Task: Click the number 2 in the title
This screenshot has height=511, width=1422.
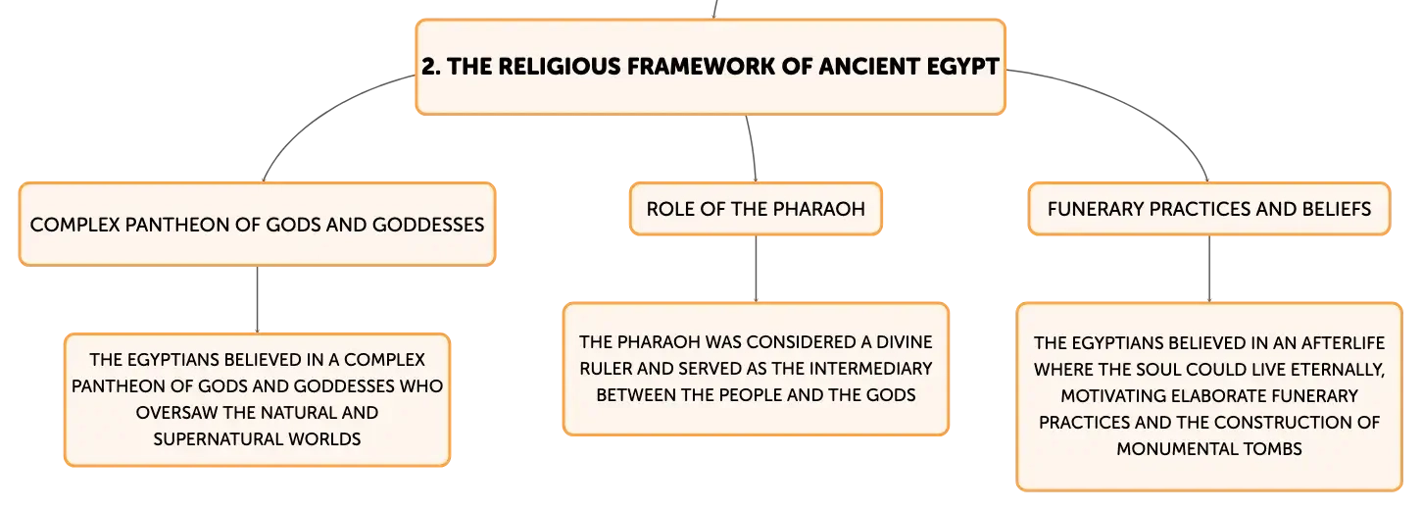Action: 428,67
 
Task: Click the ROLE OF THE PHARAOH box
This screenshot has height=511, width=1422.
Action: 756,209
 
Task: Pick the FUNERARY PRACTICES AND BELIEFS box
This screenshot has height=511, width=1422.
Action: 1208,209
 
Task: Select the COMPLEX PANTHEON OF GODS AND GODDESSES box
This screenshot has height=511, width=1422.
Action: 257,225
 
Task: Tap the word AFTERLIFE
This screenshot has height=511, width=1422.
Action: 1343,343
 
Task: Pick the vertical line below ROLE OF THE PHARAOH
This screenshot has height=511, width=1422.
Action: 756,269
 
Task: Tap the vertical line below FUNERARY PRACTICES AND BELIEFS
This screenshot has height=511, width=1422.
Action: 1208,269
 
